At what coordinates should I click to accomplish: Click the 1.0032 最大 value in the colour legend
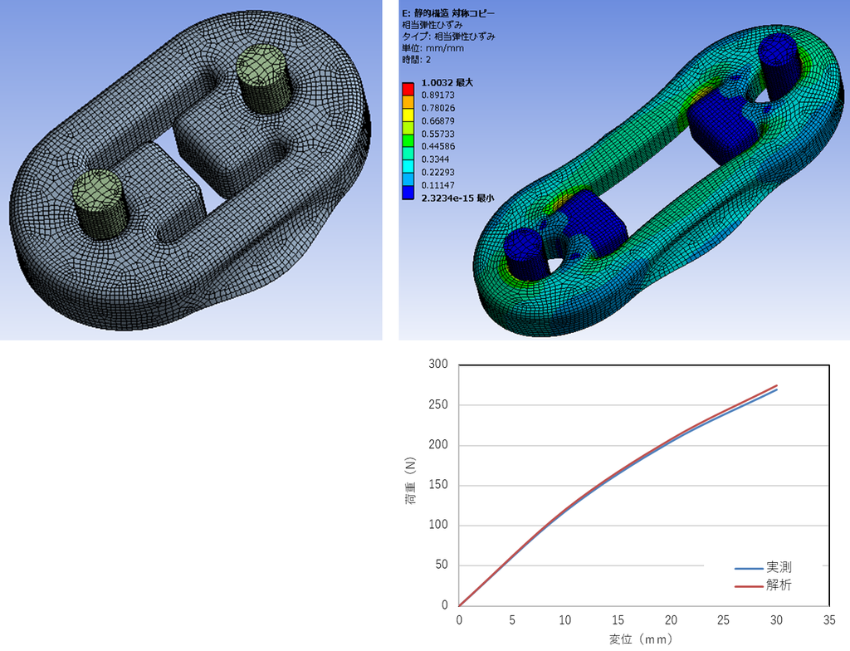tap(447, 82)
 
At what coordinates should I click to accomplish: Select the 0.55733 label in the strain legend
tap(438, 134)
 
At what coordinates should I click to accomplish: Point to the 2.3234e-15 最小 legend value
tap(457, 198)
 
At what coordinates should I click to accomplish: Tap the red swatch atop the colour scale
tap(408, 89)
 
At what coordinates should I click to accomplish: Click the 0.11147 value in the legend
tap(438, 185)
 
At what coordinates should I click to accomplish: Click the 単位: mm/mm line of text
tap(432, 48)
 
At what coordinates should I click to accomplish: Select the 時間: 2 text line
tap(417, 60)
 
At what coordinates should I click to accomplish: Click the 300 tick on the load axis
tap(438, 364)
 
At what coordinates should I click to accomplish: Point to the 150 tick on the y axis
tap(438, 484)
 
